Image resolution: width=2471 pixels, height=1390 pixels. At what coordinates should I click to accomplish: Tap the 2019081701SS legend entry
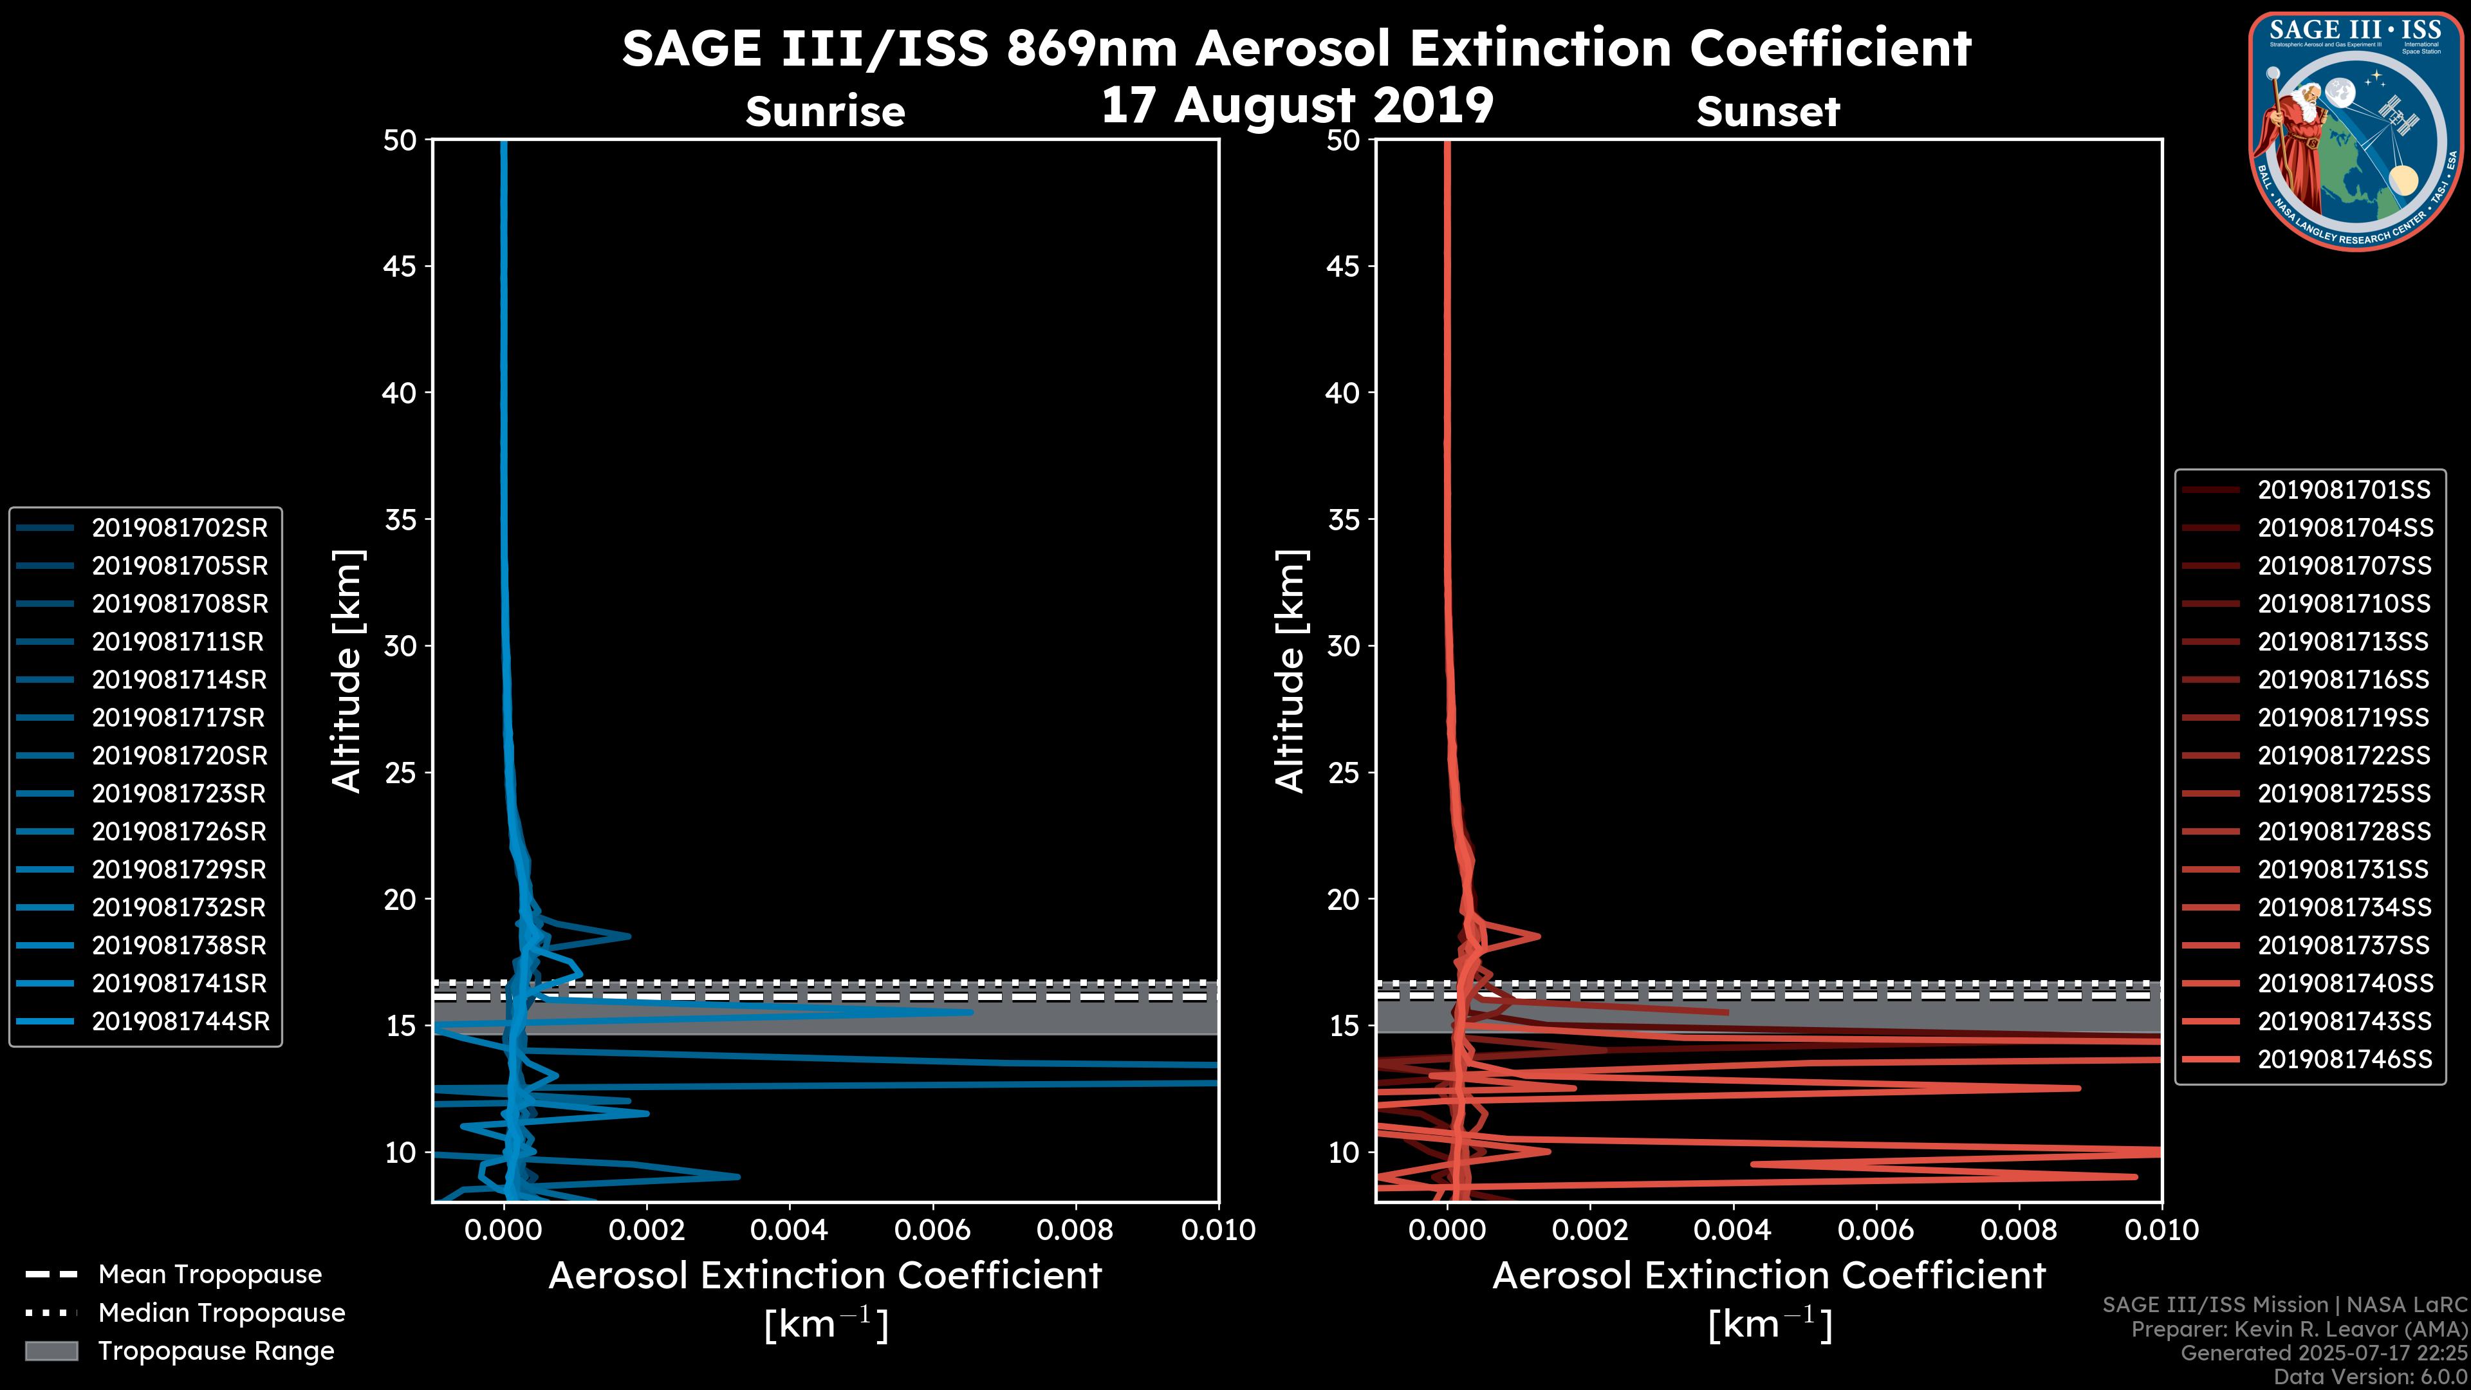[2344, 490]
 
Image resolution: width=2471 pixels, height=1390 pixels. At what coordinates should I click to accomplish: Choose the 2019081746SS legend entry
[2344, 1059]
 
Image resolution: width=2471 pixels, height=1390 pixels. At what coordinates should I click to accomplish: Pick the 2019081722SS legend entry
[2344, 756]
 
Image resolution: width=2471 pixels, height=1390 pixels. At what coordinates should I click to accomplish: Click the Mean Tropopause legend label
[210, 1274]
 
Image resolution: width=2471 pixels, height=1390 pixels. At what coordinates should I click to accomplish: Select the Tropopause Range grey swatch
[51, 1351]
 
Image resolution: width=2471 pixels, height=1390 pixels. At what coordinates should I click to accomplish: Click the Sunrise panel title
[825, 111]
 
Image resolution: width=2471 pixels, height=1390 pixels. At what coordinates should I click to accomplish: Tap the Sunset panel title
[1768, 111]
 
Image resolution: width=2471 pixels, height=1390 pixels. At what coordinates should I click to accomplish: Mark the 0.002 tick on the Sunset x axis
[1591, 1230]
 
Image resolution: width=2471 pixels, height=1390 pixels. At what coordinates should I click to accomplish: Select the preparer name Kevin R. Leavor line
[2299, 1330]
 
